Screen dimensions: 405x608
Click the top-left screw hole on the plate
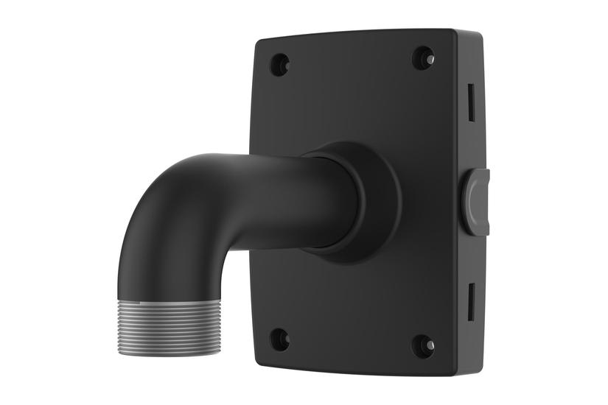[x=279, y=65]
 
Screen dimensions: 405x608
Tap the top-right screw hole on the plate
[x=423, y=58]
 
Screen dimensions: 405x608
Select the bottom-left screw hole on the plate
[x=279, y=339]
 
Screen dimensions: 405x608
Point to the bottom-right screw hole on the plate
[x=423, y=345]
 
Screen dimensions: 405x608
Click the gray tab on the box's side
[x=476, y=202]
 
